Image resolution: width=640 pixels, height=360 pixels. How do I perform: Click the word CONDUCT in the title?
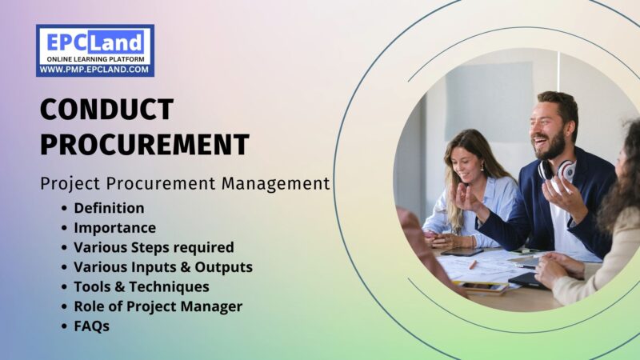(x=106, y=110)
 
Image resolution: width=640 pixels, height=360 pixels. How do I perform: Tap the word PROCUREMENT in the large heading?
(x=144, y=144)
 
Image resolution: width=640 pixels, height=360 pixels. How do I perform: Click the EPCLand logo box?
(x=94, y=50)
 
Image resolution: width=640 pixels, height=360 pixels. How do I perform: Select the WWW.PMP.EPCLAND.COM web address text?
(x=94, y=70)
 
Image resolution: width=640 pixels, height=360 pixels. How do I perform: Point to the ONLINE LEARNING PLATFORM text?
(x=94, y=59)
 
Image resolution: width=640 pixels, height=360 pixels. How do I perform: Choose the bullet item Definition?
(x=109, y=208)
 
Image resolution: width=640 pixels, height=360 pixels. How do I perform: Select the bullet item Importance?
(x=114, y=228)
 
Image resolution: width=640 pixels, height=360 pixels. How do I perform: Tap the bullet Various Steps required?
(x=154, y=247)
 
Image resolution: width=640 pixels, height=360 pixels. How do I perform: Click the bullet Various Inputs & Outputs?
(x=163, y=267)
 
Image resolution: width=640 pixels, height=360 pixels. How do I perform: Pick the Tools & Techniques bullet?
(x=142, y=286)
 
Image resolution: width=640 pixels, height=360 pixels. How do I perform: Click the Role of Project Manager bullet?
(x=158, y=306)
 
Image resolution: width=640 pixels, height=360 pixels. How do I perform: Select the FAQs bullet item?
(x=91, y=326)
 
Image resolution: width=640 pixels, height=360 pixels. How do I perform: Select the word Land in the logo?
(x=122, y=41)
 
